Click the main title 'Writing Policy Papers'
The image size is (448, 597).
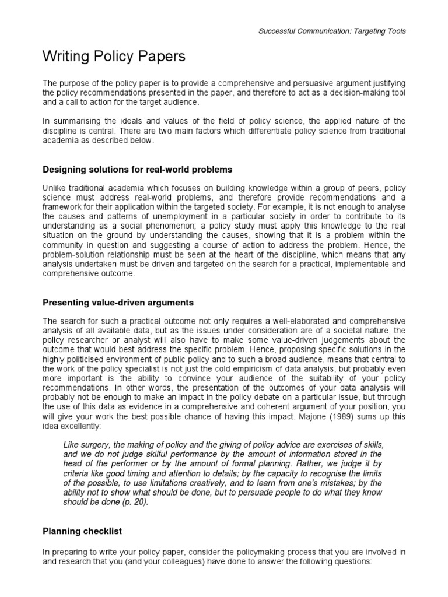tap(114, 57)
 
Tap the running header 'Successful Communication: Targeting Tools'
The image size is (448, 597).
tap(332, 31)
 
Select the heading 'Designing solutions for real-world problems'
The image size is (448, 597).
tap(138, 170)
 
